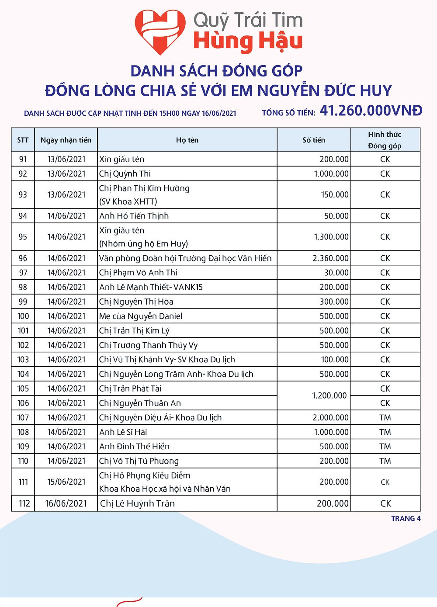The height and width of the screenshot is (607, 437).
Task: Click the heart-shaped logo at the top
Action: pos(160,32)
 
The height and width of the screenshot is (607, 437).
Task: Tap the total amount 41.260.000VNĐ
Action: pos(371,111)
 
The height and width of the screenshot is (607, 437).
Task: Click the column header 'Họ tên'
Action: pos(187,140)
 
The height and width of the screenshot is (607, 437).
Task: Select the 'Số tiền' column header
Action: pos(314,140)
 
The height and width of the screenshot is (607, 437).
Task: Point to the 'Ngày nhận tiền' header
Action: pos(66,140)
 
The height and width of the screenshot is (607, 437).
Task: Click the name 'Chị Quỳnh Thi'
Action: pos(125,174)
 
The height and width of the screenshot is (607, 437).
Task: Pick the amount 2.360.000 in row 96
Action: pos(330,258)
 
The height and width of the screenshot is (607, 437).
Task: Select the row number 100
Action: pos(23,316)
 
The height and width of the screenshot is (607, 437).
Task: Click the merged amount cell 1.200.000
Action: pos(329,395)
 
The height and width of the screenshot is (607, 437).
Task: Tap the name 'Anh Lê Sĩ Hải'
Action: pos(123,432)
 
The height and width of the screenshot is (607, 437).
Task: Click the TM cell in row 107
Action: pos(385,418)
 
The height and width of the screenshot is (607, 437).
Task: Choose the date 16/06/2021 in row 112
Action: pos(66,503)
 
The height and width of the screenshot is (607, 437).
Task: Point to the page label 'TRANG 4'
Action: pos(406,519)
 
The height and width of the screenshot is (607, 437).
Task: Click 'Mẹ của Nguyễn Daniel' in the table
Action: pos(141,316)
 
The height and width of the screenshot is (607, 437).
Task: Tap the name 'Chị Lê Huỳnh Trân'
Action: pos(137,503)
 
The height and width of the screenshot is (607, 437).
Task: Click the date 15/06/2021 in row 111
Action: pos(66,482)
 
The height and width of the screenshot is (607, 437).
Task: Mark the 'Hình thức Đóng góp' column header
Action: pos(385,140)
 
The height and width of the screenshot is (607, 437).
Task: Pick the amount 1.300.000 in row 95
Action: pos(331,237)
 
